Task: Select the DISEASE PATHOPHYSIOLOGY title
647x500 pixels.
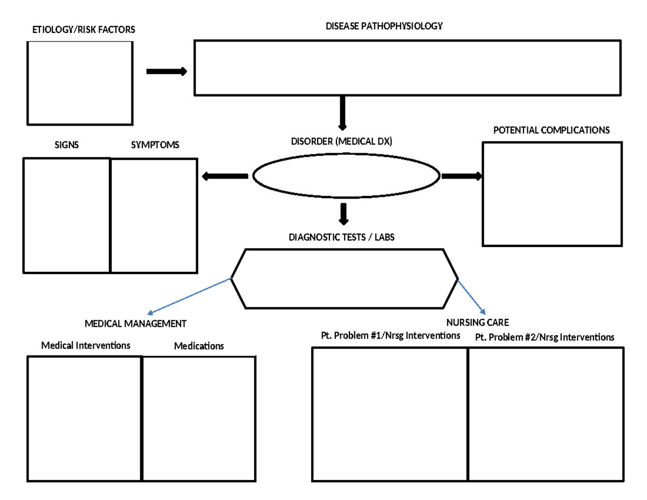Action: coord(384,26)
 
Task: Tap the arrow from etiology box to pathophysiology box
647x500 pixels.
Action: coord(167,72)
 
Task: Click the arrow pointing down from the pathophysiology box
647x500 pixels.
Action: coord(342,113)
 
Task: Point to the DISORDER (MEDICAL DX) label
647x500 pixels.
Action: coord(342,142)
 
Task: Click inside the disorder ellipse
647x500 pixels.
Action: coord(346,177)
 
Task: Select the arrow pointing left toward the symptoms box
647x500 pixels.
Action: coord(224,176)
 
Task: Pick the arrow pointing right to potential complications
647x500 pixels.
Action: coord(462,176)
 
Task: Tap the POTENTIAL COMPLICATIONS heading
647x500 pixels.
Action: coord(552,130)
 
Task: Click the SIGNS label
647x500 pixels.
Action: coord(66,145)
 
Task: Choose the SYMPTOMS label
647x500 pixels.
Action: coord(155,145)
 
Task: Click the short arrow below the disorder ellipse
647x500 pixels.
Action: coord(343,214)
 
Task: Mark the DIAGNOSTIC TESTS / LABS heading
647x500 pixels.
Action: coord(338,237)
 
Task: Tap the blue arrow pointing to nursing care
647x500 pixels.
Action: coord(472,297)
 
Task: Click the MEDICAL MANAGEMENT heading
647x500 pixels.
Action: coord(135,324)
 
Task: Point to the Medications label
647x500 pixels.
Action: coord(199,346)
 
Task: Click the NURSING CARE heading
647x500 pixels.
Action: coord(478,323)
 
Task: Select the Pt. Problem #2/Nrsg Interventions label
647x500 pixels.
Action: coord(545,338)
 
